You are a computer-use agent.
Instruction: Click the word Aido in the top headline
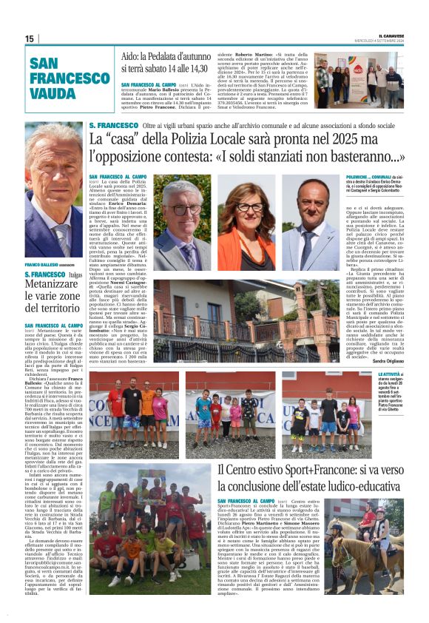click(x=131, y=56)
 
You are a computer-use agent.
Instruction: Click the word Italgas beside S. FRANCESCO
click(x=74, y=275)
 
